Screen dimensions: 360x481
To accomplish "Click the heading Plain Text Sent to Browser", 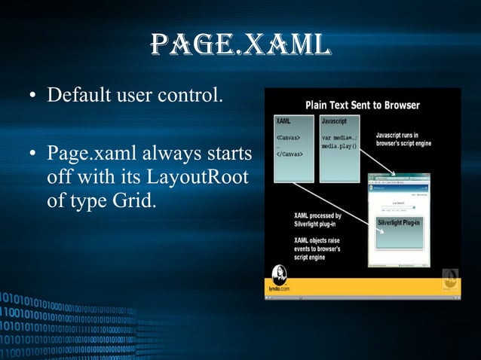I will coord(362,105).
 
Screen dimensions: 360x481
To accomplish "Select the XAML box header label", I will coord(284,120).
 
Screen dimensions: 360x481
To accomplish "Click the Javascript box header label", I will coord(335,120).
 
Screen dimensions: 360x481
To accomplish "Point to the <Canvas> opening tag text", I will coord(288,137).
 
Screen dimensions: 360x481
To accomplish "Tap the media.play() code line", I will coord(339,145).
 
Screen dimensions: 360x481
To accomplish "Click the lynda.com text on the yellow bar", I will coord(280,288).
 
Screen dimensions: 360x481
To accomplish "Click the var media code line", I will coord(339,137).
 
